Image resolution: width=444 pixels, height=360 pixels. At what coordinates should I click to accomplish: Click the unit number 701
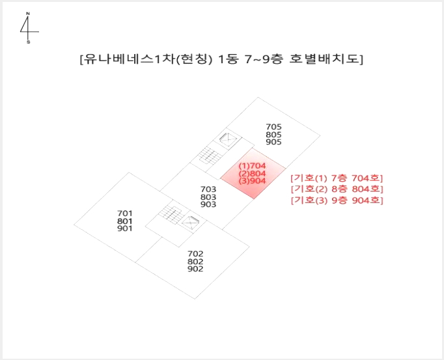pyautogui.click(x=124, y=214)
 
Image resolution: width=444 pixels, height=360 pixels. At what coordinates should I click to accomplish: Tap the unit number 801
pyautogui.click(x=124, y=221)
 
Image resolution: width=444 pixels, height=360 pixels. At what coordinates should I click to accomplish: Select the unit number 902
pyautogui.click(x=195, y=269)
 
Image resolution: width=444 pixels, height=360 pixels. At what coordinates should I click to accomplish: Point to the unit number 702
pyautogui.click(x=195, y=253)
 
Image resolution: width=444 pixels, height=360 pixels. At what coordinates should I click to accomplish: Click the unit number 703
pyautogui.click(x=208, y=189)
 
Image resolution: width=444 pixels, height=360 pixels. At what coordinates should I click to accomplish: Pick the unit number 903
pyautogui.click(x=208, y=204)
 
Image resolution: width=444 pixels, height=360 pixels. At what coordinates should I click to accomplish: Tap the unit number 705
pyautogui.click(x=273, y=126)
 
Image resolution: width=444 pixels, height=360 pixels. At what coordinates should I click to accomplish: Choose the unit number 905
pyautogui.click(x=273, y=142)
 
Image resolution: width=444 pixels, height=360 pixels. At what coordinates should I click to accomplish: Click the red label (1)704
pyautogui.click(x=253, y=165)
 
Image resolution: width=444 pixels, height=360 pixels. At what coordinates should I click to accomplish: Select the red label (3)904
pyautogui.click(x=253, y=181)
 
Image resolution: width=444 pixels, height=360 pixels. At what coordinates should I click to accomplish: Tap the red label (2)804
pyautogui.click(x=253, y=173)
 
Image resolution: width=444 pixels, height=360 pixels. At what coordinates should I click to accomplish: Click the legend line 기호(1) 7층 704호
pyautogui.click(x=337, y=178)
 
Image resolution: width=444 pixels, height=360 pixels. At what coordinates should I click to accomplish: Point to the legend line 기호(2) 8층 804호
pyautogui.click(x=337, y=189)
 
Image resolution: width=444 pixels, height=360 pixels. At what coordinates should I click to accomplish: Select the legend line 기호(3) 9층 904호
pyautogui.click(x=337, y=201)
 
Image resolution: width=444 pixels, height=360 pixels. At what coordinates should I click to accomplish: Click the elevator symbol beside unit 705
pyautogui.click(x=228, y=139)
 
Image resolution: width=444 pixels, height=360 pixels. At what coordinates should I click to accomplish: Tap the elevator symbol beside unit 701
pyautogui.click(x=190, y=223)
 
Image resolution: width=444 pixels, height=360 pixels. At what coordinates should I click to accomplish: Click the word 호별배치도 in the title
pyautogui.click(x=324, y=59)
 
